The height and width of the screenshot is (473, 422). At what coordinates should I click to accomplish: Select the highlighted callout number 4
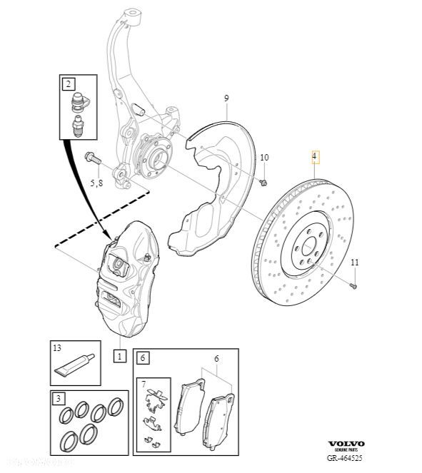(314, 156)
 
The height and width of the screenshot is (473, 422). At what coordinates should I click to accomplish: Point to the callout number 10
(264, 158)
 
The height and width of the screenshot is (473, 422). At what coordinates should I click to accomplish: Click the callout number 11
(355, 263)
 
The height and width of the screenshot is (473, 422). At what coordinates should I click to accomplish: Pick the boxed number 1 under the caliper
(120, 355)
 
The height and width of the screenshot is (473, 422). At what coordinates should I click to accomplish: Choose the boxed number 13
(57, 349)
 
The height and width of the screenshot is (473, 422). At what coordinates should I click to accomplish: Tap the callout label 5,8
(96, 183)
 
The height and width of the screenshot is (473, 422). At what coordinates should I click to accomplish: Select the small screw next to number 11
(353, 285)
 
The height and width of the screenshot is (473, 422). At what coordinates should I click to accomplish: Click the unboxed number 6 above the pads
(217, 361)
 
